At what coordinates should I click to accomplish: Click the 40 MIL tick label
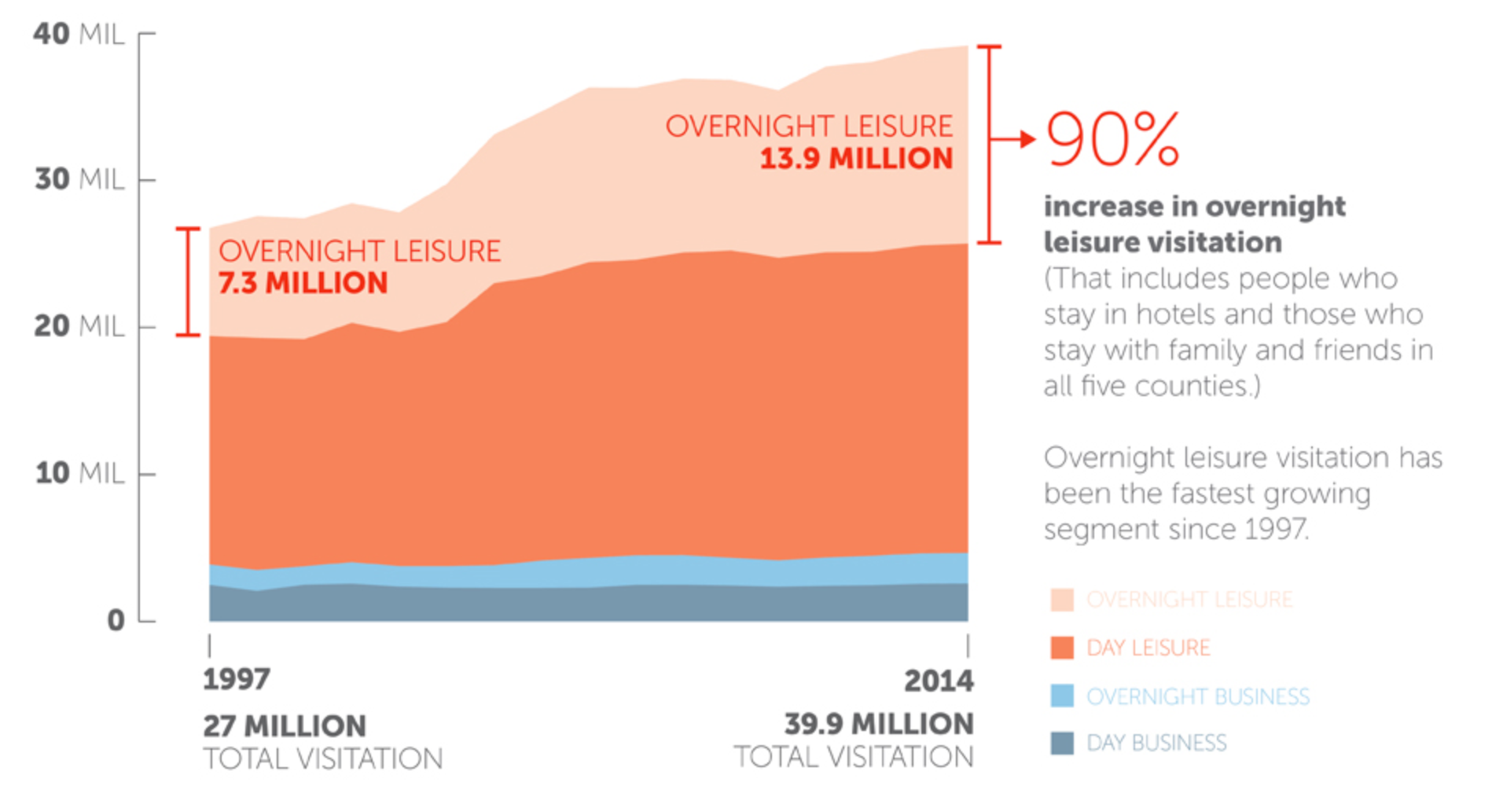[x=79, y=35]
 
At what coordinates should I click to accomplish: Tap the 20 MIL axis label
[x=79, y=326]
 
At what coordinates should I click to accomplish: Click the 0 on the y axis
[x=116, y=621]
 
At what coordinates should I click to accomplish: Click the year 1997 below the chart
[x=236, y=679]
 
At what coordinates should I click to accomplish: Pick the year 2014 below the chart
[x=939, y=681]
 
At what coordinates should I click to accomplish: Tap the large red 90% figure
[x=1112, y=139]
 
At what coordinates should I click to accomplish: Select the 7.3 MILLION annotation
[x=303, y=283]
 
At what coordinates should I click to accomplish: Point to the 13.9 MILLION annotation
[x=855, y=159]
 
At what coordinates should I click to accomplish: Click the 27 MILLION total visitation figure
[x=285, y=725]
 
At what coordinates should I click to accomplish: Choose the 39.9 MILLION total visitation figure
[x=878, y=724]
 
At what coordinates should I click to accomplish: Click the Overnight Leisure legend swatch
[x=1062, y=600]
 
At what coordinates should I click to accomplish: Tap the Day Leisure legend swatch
[x=1062, y=648]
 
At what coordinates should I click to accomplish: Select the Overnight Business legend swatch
[x=1062, y=696]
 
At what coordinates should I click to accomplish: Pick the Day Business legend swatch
[x=1062, y=743]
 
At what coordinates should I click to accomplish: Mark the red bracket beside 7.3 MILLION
[x=188, y=281]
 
